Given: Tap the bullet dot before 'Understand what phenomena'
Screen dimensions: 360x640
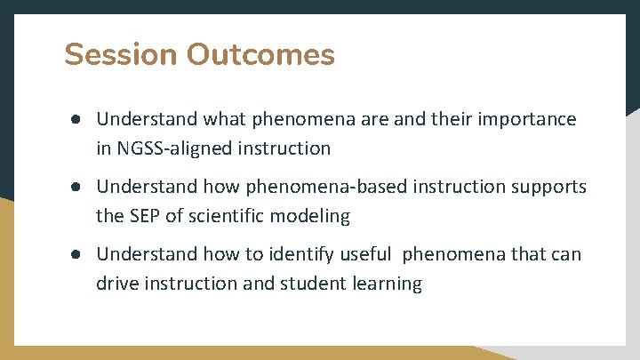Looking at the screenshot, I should pos(78,119).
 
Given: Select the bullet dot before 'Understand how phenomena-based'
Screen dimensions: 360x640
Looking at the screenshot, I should pos(78,187).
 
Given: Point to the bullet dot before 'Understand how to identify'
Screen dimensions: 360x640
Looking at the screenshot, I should pos(78,254).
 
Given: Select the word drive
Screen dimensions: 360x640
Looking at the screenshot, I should pos(116,284).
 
